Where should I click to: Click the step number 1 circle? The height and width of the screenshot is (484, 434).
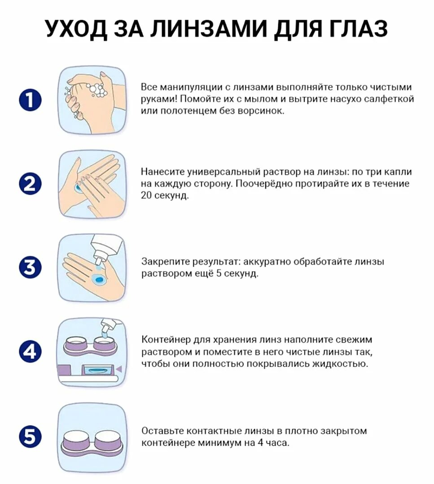(x=30, y=100)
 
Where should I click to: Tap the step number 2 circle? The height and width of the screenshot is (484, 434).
(x=30, y=184)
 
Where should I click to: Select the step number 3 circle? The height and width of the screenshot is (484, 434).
(x=30, y=267)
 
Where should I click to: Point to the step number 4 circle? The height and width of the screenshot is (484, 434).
(x=30, y=352)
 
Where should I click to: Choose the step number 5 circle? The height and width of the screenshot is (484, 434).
(x=30, y=437)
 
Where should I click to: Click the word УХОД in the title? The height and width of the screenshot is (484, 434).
(x=77, y=29)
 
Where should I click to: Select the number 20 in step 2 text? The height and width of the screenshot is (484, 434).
(x=146, y=195)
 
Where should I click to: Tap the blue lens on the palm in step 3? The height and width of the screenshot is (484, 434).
(x=99, y=279)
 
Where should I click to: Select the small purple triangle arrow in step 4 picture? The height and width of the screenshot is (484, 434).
(x=119, y=369)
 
